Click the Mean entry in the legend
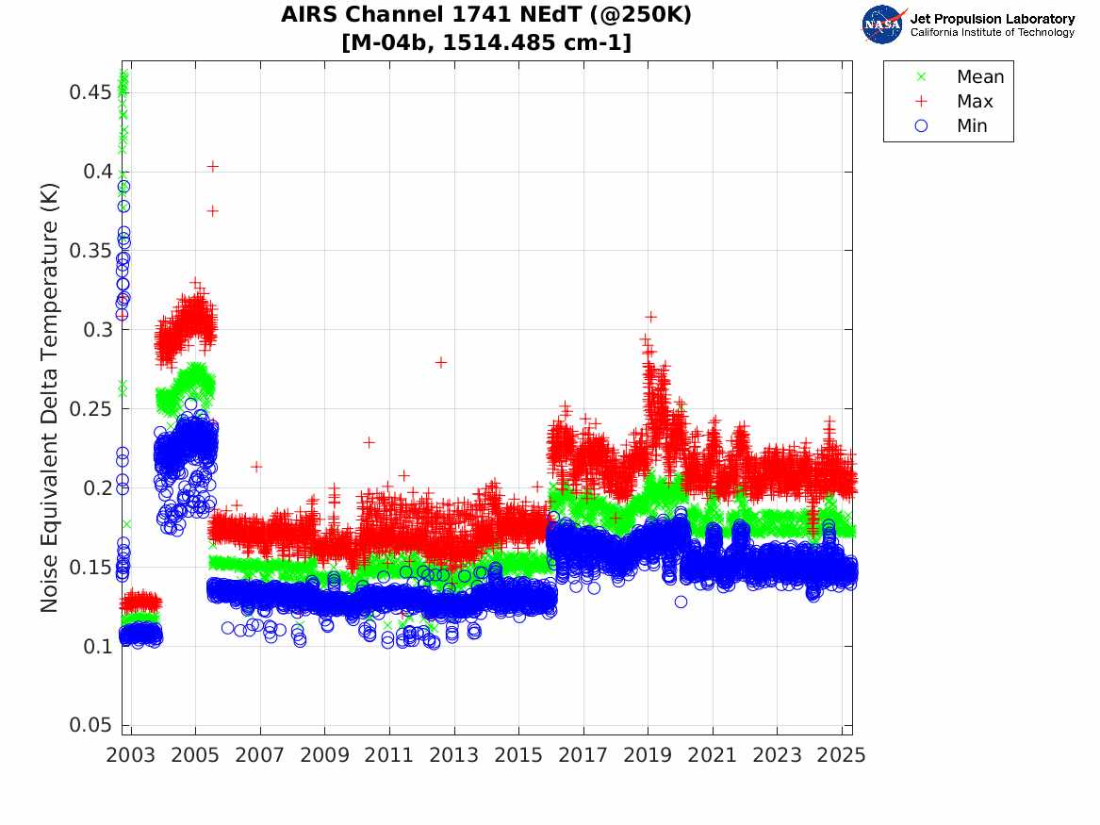pos(979,76)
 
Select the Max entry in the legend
pos(975,101)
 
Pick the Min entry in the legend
pos(972,125)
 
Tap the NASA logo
pos(883,25)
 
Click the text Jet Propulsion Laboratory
pos(992,19)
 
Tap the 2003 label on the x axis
pos(131,755)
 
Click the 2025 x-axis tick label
pos(841,755)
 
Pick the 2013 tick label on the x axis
pos(454,755)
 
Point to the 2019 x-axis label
pos(649,755)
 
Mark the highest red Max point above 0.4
pos(213,166)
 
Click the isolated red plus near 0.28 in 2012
pos(440,362)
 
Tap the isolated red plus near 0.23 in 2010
pos(369,441)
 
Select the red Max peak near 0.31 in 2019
pos(650,317)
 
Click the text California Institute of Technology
pos(992,33)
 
